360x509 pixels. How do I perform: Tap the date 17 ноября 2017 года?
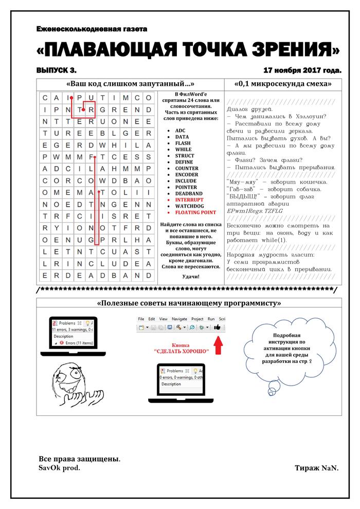coord(301,69)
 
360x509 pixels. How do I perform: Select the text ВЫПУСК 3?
coord(56,69)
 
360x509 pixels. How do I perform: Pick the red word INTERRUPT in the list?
coord(189,199)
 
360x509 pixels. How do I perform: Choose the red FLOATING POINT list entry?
coord(195,212)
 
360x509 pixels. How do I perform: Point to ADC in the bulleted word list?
coord(180,131)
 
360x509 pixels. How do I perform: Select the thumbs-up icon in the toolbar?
coord(217,327)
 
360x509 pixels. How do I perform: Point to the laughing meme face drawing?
coord(65,382)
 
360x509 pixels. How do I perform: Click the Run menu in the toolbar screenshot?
coord(211,319)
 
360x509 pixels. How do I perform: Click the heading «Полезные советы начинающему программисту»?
coord(189,303)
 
